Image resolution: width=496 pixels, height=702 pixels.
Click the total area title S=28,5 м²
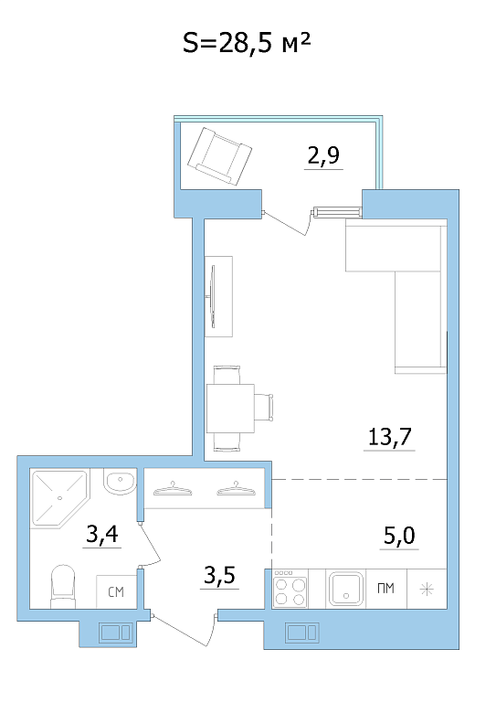(x=247, y=44)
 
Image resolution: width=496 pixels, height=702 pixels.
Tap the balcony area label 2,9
(x=323, y=154)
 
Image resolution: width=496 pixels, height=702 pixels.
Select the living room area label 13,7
(x=389, y=436)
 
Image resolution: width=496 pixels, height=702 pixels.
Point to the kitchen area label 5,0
(x=399, y=535)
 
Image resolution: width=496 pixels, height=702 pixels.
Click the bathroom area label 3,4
(x=102, y=534)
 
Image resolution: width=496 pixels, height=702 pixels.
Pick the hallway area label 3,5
(x=219, y=575)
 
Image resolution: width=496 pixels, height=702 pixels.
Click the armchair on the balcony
(x=219, y=155)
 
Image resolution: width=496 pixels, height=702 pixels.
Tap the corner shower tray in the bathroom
(x=60, y=498)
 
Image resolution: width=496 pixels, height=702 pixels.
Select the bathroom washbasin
(x=120, y=482)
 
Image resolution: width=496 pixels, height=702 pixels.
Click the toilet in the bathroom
(x=63, y=586)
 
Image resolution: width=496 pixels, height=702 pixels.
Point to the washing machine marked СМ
(x=116, y=592)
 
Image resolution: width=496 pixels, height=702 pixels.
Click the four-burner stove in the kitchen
(x=290, y=590)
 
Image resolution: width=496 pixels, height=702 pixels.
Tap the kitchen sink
(x=345, y=589)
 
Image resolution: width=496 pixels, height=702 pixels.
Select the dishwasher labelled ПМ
(x=386, y=589)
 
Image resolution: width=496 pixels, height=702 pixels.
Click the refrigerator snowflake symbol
(x=427, y=590)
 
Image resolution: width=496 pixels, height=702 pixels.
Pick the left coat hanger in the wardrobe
(x=173, y=489)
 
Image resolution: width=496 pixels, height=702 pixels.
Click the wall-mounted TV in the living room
(x=213, y=296)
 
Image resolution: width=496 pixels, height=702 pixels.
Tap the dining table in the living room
(x=230, y=409)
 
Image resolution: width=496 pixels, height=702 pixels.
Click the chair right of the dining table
(x=264, y=408)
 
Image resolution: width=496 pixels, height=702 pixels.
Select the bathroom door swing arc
(x=152, y=543)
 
